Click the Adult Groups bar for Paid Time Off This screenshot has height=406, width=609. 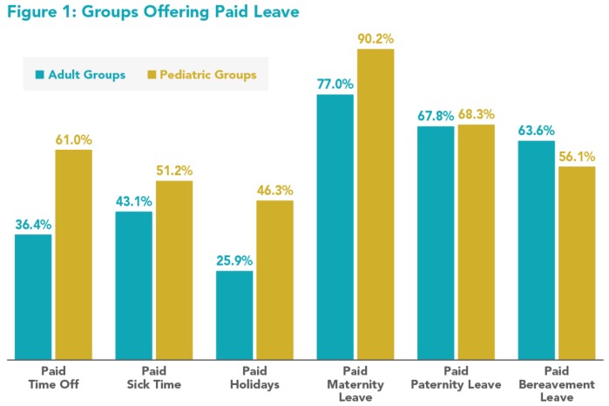[33, 296]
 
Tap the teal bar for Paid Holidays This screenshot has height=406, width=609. [234, 315]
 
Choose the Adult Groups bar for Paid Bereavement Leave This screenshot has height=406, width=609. [536, 249]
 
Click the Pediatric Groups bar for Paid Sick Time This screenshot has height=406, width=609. [174, 269]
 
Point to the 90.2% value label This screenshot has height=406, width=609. [376, 38]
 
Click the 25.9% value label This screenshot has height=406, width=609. [234, 260]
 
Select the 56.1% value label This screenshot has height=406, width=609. [576, 156]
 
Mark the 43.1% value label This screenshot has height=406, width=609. [134, 200]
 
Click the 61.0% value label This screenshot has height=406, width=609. [74, 139]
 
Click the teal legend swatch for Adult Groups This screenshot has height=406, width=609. [40, 75]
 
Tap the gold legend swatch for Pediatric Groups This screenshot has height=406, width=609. [150, 75]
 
